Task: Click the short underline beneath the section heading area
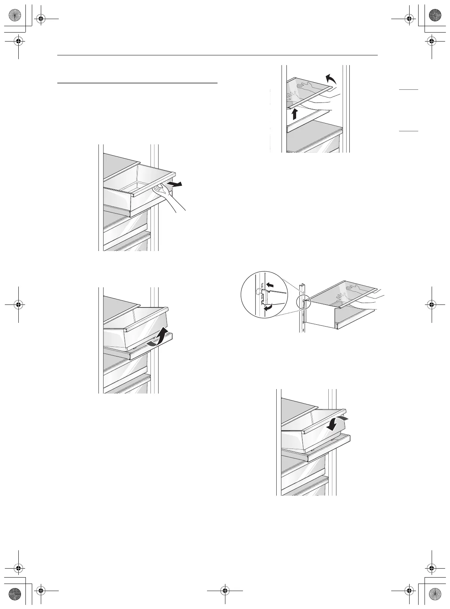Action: [x=137, y=83]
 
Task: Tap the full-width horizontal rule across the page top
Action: [x=218, y=56]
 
